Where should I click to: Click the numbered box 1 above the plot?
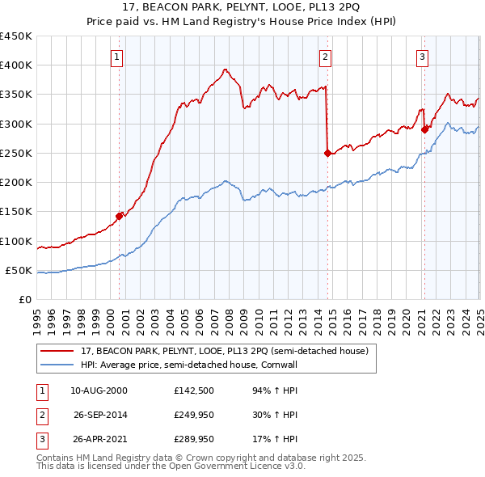(x=117, y=57)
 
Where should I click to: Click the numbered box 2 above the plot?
(x=325, y=57)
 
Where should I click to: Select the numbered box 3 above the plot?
(x=422, y=57)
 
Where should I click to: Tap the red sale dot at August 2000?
(x=119, y=216)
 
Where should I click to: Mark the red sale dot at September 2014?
(x=327, y=153)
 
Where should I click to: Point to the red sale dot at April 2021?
(x=424, y=129)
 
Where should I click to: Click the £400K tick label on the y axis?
(x=16, y=65)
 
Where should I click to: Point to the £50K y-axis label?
(x=19, y=270)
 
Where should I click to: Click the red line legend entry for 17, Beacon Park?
(x=225, y=351)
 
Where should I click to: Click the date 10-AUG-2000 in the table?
(x=99, y=390)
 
